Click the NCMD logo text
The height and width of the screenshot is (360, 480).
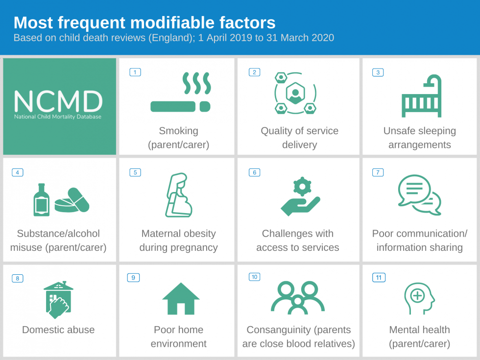[x=58, y=101]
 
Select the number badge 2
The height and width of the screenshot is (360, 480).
[x=254, y=72]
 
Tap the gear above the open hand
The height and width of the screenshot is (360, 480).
[x=302, y=186]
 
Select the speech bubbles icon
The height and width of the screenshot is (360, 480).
[x=419, y=194]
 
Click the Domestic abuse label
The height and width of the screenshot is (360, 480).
[x=58, y=330]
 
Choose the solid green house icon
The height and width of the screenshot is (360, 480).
[x=181, y=298]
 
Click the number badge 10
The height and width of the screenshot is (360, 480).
[x=254, y=277]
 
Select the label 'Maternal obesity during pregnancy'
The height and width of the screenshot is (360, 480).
[x=178, y=240]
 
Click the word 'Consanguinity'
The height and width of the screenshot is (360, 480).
[x=278, y=330]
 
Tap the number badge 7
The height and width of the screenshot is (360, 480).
[x=378, y=172]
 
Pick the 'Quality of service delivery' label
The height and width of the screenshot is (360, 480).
[x=299, y=138]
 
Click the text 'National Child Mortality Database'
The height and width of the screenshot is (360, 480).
[x=58, y=117]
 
